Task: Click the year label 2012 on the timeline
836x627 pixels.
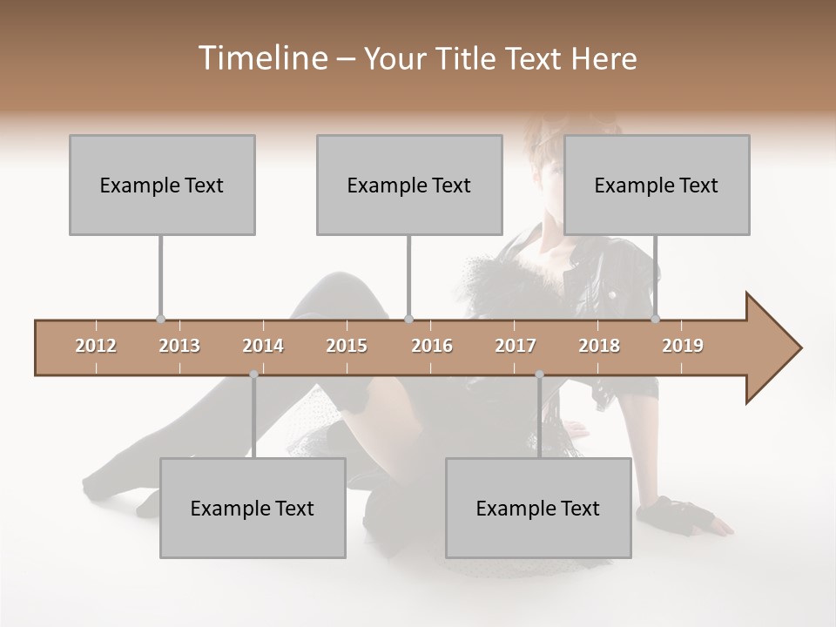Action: coord(96,346)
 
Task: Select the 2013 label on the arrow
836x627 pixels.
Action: coord(179,346)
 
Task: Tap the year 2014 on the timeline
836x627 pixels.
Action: coord(263,346)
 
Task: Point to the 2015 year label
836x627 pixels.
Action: coord(347,346)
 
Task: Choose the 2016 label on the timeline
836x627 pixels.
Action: coord(432,346)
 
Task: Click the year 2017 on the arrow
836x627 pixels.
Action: coord(516,346)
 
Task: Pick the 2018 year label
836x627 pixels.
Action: coord(599,346)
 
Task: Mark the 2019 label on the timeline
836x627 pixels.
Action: coord(683,346)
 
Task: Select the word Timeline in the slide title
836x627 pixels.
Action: coord(261,58)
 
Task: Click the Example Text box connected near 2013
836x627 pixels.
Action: coord(162,185)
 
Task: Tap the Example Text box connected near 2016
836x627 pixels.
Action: coord(409,185)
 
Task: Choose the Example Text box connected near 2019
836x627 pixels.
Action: coord(657,185)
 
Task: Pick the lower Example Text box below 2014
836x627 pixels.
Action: coord(253,508)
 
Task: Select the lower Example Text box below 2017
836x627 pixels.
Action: coord(538,508)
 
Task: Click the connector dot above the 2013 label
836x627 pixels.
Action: coord(160,320)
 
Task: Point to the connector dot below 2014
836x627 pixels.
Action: coord(253,374)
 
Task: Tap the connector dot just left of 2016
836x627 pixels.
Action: coord(409,320)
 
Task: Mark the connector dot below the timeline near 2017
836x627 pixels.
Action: coord(539,374)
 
